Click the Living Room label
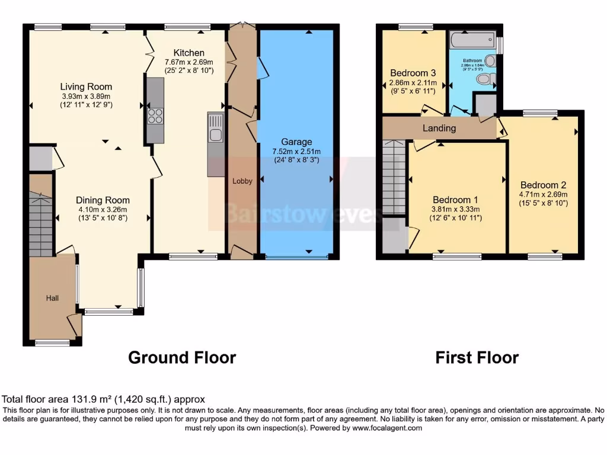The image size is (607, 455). pyautogui.click(x=86, y=87)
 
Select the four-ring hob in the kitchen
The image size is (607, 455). pyautogui.click(x=155, y=116)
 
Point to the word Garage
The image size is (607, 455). pyautogui.click(x=296, y=142)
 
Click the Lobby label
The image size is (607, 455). pyautogui.click(x=242, y=181)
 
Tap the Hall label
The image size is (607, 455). pyautogui.click(x=53, y=298)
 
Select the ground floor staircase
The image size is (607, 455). pyautogui.click(x=41, y=226)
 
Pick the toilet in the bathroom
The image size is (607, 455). pyautogui.click(x=484, y=79)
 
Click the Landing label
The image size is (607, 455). pyautogui.click(x=439, y=128)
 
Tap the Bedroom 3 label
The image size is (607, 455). pyautogui.click(x=413, y=73)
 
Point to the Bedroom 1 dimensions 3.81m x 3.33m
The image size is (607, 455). pyautogui.click(x=455, y=209)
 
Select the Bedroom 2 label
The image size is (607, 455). pyautogui.click(x=544, y=185)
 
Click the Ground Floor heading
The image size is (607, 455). pyautogui.click(x=182, y=358)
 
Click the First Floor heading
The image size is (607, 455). pyautogui.click(x=477, y=358)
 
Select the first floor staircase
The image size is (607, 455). pyautogui.click(x=393, y=178)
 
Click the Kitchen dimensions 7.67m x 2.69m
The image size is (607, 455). pyautogui.click(x=189, y=62)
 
